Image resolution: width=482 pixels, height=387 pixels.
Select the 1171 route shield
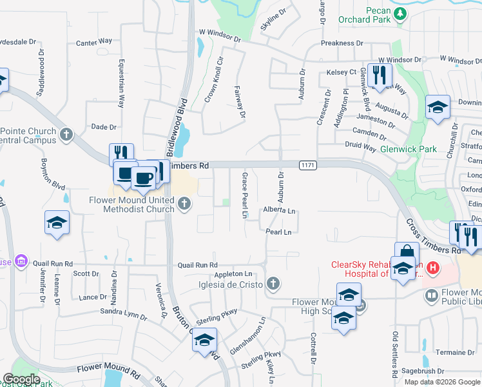[307, 166]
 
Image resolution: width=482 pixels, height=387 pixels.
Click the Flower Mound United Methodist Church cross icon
[184, 204]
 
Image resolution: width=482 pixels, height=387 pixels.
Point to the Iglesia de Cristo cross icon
[273, 283]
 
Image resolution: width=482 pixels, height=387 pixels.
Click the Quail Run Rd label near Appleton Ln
[198, 265]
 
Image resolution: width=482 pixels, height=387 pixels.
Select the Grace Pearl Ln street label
[245, 195]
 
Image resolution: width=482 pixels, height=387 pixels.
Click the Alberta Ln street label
[278, 211]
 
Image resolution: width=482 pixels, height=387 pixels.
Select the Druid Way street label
[361, 147]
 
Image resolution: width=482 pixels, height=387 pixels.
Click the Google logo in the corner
[22, 379]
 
